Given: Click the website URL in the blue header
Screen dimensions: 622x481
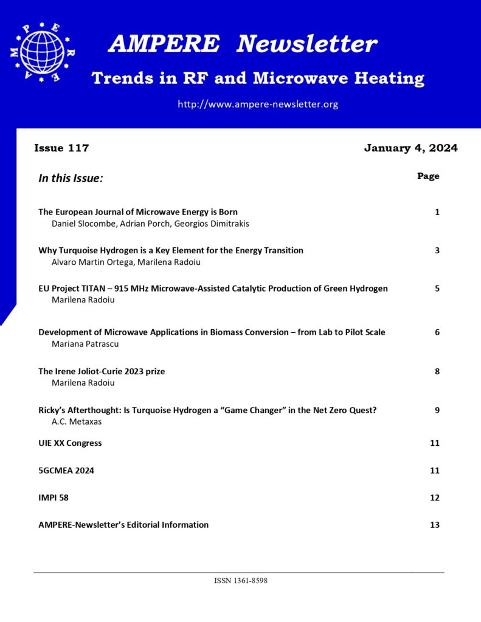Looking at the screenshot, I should [257, 104].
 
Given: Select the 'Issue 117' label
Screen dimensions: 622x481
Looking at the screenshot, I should [61, 148].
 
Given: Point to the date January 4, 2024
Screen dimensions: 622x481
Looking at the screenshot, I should [410, 148].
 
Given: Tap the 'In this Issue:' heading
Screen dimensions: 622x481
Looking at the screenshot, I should [71, 179].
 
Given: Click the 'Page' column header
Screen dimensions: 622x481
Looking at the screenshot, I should [428, 176].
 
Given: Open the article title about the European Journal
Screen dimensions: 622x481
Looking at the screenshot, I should [138, 212].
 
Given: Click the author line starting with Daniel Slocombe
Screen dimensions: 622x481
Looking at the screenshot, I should [150, 224].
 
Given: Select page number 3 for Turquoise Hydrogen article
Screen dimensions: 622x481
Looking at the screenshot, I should [437, 250].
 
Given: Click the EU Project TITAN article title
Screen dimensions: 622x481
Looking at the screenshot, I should [213, 289].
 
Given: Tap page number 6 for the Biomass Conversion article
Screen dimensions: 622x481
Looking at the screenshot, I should [437, 332].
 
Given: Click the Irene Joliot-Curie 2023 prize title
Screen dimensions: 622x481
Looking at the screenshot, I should [102, 371].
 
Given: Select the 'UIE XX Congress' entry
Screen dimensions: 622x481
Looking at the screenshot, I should [70, 443].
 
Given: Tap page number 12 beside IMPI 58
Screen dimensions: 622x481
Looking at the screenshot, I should [434, 498].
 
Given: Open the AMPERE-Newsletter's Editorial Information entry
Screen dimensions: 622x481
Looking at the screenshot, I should [123, 525].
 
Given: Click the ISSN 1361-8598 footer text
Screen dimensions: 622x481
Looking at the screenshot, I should [241, 581].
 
